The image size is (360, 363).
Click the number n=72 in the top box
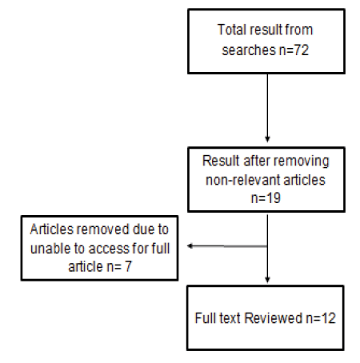[x=294, y=50]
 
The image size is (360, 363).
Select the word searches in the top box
[x=249, y=50]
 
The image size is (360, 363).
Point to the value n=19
[x=266, y=198]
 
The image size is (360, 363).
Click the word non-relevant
[x=239, y=180]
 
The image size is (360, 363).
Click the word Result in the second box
[x=221, y=161]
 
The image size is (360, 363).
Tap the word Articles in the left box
[x=51, y=229]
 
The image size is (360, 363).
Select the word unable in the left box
[x=50, y=249]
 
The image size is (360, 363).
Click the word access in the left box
[x=109, y=249]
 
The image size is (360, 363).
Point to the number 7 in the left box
[x=128, y=266]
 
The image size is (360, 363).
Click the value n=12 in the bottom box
[x=321, y=318]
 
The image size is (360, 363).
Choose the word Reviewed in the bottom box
[x=273, y=318]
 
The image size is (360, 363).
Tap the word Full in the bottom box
[x=203, y=318]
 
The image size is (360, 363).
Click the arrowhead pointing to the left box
[x=190, y=245]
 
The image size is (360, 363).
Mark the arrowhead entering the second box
[x=267, y=139]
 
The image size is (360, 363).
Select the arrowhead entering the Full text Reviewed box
[x=267, y=280]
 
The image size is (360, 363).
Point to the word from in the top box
[x=298, y=30]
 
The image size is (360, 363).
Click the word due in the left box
[x=143, y=229]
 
